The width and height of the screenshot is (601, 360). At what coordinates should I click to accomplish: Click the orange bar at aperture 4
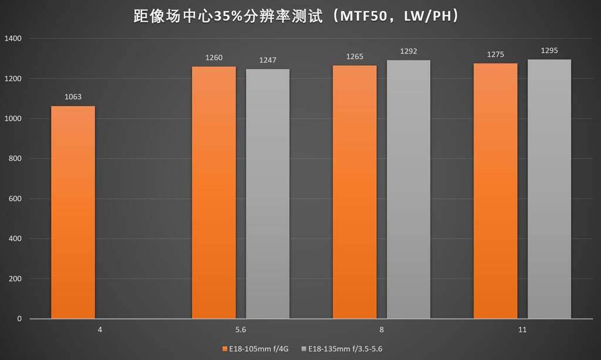pyautogui.click(x=73, y=212)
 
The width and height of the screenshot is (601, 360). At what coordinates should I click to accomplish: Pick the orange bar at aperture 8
pyautogui.click(x=354, y=192)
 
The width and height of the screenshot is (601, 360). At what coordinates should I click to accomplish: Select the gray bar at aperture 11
pyautogui.click(x=549, y=189)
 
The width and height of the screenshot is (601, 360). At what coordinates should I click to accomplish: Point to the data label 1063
pyautogui.click(x=73, y=97)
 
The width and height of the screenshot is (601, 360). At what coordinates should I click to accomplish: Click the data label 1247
pyautogui.click(x=268, y=60)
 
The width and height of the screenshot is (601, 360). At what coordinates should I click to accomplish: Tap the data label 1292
pyautogui.click(x=408, y=51)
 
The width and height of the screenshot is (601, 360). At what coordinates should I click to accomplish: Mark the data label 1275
pyautogui.click(x=495, y=55)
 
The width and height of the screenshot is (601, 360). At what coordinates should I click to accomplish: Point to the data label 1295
pyautogui.click(x=549, y=51)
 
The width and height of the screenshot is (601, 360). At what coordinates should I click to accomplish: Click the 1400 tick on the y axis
pyautogui.click(x=12, y=39)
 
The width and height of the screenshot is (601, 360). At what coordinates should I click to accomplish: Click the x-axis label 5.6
pyautogui.click(x=241, y=330)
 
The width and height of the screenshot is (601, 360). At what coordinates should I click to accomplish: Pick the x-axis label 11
pyautogui.click(x=522, y=330)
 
